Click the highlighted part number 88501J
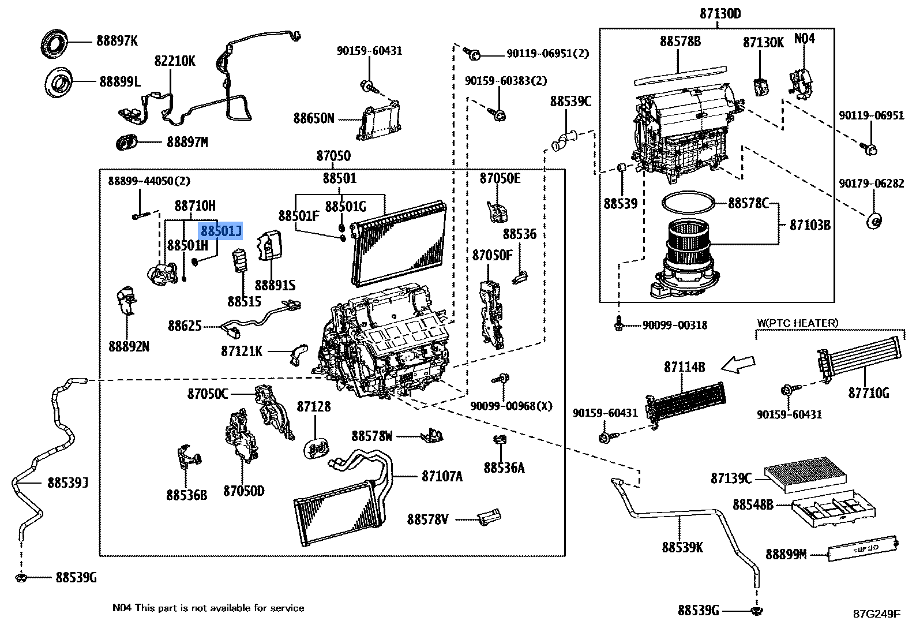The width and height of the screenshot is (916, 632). point(221,231)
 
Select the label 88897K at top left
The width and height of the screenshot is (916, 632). point(117,41)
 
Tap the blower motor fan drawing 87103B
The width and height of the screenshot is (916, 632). point(689,260)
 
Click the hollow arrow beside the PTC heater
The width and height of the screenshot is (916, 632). point(738,364)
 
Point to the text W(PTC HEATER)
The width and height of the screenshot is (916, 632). point(798,323)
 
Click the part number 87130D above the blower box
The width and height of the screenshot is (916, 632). point(720,13)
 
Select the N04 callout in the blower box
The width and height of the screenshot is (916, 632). point(804,39)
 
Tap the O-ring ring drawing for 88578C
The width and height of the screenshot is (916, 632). point(689,203)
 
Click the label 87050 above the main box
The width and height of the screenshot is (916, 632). point(333,156)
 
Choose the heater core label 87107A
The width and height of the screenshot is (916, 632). point(442,476)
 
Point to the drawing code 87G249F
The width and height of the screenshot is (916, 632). point(877,614)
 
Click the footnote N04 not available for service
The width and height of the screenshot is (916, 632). point(208,608)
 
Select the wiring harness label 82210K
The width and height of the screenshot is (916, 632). point(175,61)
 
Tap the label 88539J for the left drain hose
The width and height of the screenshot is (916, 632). point(67,483)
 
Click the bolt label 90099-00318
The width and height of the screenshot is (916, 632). point(674,326)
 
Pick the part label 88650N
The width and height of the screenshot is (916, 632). point(313,118)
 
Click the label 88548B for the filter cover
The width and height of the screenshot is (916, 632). point(753,504)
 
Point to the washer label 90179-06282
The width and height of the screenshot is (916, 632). point(871,184)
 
